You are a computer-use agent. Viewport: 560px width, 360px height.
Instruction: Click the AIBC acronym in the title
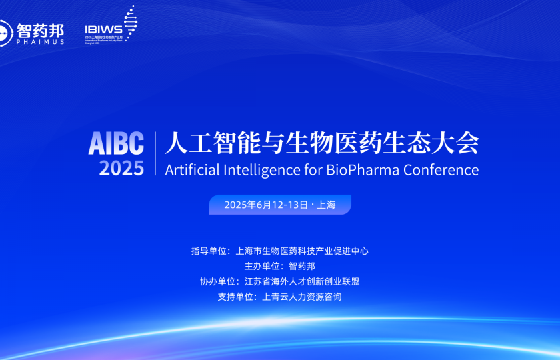(116, 143)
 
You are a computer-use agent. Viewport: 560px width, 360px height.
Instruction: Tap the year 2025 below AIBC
(121, 168)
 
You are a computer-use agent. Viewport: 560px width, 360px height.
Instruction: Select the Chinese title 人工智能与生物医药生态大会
(321, 143)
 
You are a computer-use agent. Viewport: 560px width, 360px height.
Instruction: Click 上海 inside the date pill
(326, 205)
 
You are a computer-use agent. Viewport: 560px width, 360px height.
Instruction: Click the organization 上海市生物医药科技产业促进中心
(302, 251)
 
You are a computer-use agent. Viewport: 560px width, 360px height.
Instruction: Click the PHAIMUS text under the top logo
(41, 41)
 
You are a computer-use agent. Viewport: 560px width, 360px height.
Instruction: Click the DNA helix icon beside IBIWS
(130, 23)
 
